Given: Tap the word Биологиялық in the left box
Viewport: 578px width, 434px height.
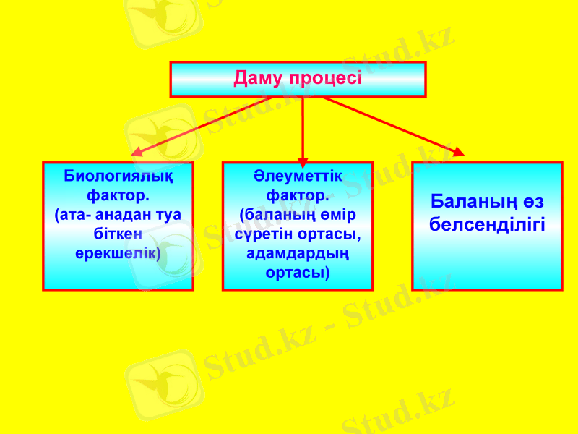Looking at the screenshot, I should [118, 175].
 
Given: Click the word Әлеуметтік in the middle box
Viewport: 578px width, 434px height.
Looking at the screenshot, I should [298, 176].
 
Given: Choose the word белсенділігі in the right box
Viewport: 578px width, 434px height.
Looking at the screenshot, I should [487, 224].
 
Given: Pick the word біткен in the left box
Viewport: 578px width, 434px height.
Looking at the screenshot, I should [118, 234].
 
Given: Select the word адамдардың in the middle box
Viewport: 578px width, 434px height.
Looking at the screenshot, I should [298, 254].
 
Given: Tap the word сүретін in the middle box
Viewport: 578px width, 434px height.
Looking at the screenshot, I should [263, 234].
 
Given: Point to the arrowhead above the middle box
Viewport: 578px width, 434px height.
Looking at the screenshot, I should [303, 162].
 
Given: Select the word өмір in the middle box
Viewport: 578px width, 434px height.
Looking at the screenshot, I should [338, 215].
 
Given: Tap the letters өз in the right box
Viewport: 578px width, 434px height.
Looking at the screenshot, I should [532, 201].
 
